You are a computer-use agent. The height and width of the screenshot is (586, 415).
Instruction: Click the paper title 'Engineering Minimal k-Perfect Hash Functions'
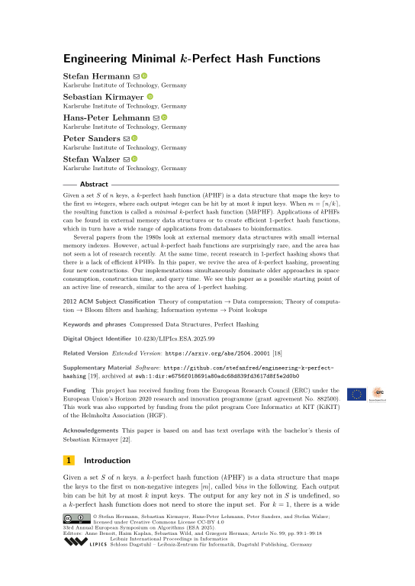click(189, 58)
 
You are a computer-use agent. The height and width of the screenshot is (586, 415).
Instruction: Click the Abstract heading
click(94, 185)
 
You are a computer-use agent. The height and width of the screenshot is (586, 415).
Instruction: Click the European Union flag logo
click(355, 394)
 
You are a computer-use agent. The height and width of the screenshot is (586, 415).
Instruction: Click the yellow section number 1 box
click(68, 461)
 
